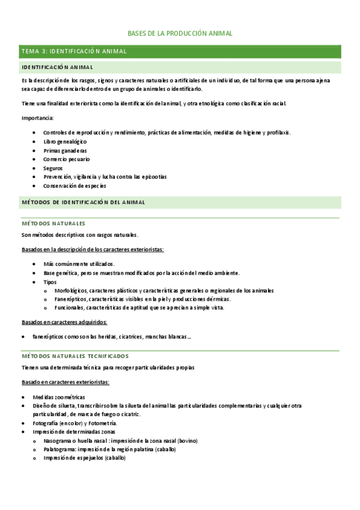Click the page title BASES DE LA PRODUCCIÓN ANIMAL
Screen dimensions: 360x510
(x=180, y=34)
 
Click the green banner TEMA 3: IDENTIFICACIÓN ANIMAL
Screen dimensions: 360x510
(x=74, y=52)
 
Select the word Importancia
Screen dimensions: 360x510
(x=37, y=118)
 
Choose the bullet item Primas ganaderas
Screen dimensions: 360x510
(x=65, y=150)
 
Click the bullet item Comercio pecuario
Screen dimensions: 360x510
(x=66, y=159)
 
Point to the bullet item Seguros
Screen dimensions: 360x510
(x=53, y=168)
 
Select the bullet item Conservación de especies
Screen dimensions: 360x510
(x=75, y=186)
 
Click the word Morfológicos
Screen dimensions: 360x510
(x=68, y=290)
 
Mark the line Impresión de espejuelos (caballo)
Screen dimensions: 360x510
(x=84, y=458)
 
